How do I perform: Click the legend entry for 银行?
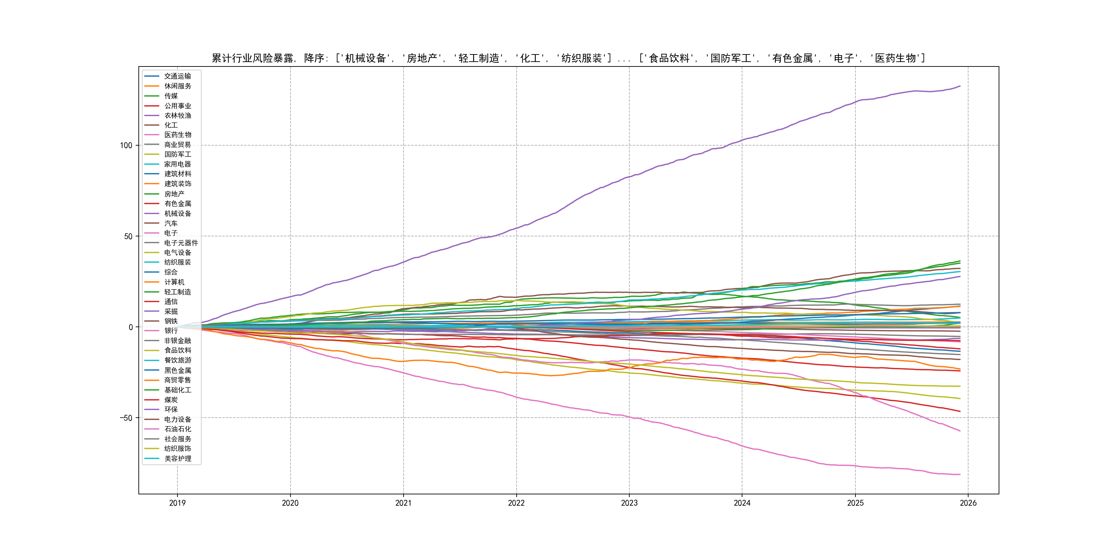point(171,331)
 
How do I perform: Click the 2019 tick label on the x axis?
point(177,503)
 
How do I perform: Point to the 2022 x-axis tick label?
point(516,503)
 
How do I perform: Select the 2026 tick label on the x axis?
point(968,503)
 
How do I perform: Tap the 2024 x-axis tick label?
point(742,503)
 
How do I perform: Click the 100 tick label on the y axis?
point(126,145)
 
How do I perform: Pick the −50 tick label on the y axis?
point(126,418)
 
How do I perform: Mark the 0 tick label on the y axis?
point(131,327)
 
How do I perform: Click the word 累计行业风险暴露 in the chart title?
point(252,58)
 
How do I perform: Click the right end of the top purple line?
point(960,86)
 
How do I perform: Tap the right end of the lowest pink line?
point(960,474)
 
